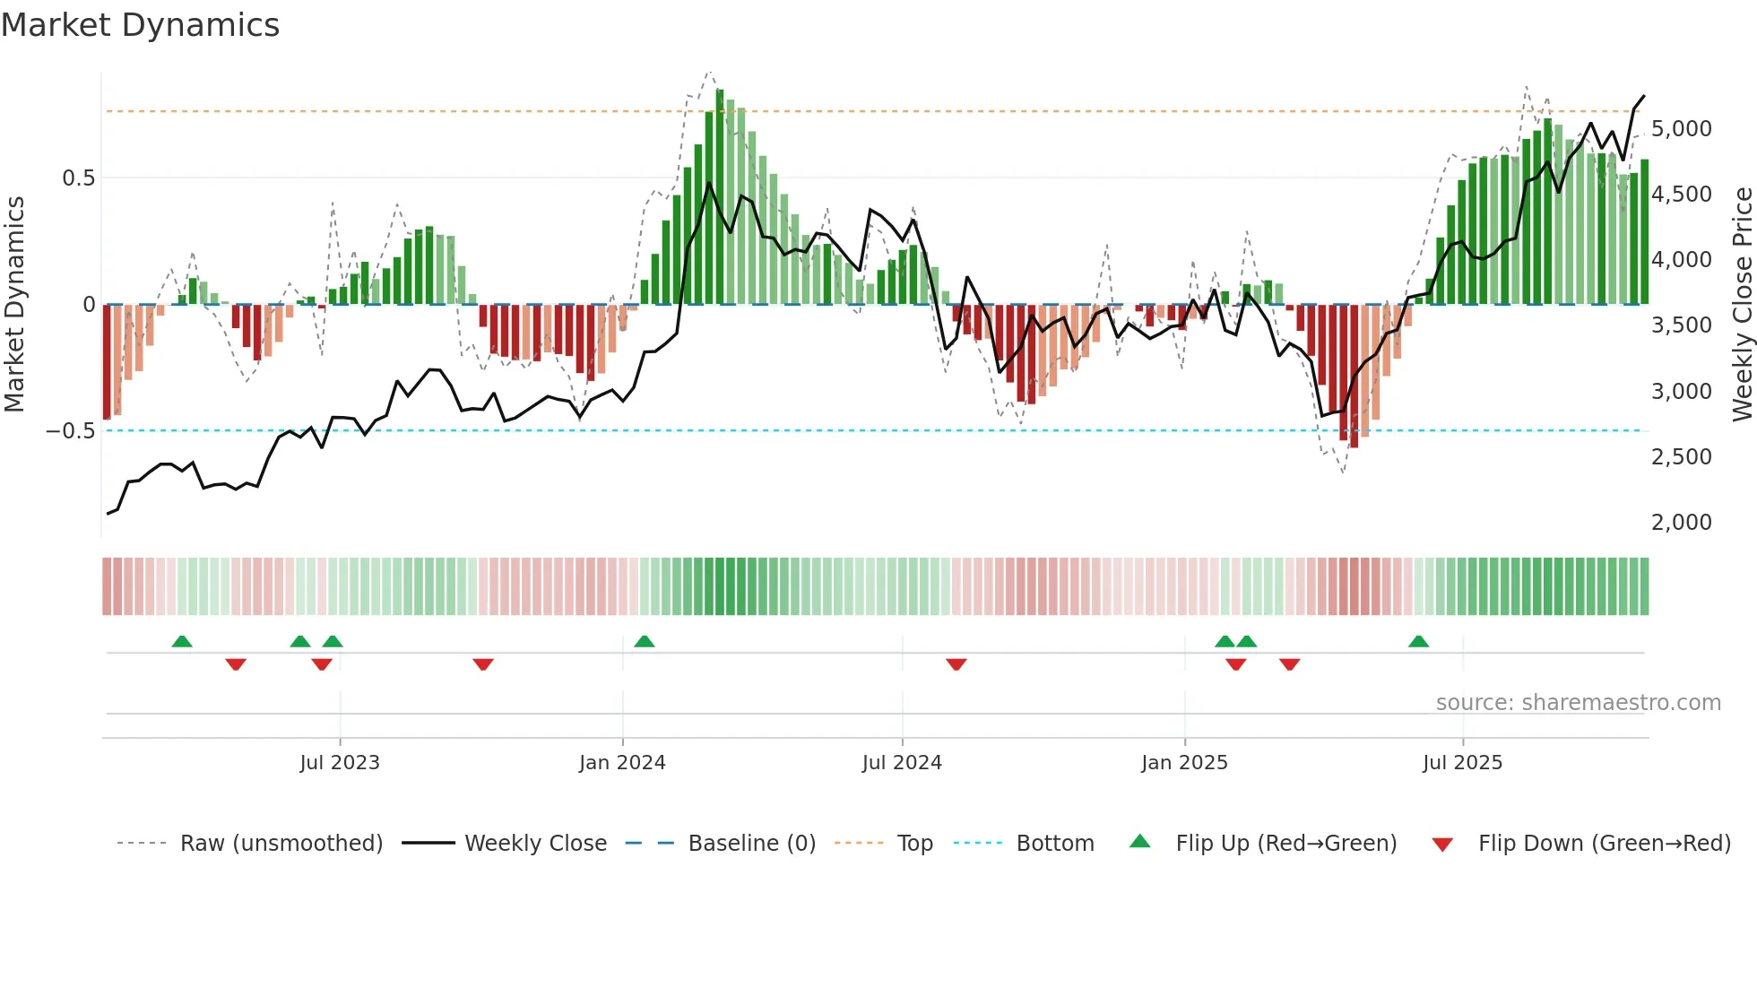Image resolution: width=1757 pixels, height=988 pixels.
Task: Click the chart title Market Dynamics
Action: tap(140, 25)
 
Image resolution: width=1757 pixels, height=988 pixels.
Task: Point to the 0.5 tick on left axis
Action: tap(78, 178)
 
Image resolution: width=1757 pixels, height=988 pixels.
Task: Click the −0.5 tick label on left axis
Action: tap(70, 431)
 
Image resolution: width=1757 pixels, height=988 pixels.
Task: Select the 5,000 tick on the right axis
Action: tap(1682, 129)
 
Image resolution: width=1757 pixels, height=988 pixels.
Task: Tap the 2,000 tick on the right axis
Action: tap(1682, 523)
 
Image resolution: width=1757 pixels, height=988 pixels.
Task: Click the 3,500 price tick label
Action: tap(1682, 325)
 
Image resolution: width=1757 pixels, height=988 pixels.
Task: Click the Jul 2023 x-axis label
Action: tap(340, 763)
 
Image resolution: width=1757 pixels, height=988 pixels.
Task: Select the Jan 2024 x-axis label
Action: tap(622, 763)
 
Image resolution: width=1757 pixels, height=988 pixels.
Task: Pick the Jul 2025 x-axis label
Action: tap(1462, 763)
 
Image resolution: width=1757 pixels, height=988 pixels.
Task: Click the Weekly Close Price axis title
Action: tap(1742, 305)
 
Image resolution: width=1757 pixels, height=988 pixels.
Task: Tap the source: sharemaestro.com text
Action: tap(1578, 703)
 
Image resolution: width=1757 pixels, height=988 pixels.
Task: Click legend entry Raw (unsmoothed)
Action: tap(281, 844)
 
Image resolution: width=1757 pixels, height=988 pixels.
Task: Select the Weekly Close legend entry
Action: tap(535, 844)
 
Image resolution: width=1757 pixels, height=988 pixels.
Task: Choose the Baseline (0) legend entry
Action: tap(751, 844)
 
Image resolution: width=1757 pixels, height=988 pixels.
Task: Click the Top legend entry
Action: tap(914, 844)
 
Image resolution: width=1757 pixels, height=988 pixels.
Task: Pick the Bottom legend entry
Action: tap(1054, 844)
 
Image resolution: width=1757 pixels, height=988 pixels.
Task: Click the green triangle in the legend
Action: tap(1139, 842)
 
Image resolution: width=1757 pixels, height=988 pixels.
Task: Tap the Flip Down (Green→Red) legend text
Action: tap(1604, 844)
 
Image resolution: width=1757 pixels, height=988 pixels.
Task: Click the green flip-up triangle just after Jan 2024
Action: tap(644, 641)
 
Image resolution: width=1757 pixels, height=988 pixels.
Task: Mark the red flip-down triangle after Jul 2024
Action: tap(956, 664)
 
